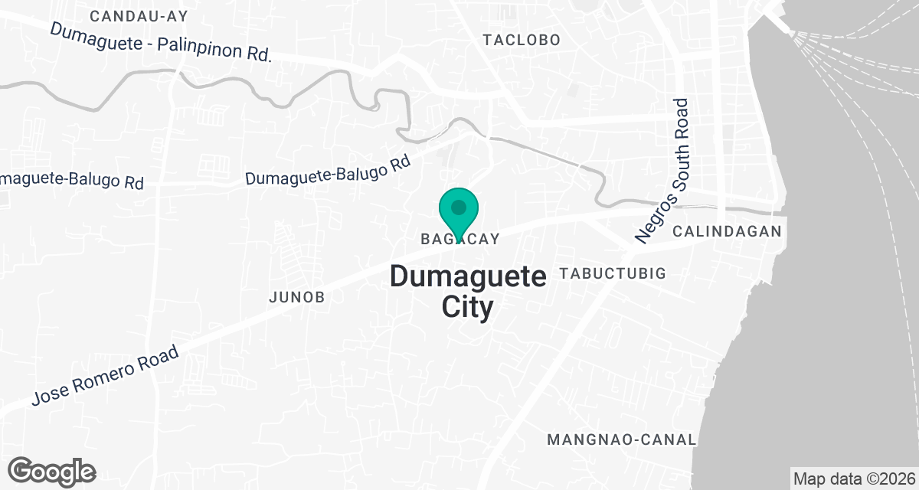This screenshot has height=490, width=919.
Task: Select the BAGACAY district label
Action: point(460,240)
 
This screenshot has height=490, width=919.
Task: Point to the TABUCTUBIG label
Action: point(613,273)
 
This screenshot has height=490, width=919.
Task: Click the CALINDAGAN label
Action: point(727,231)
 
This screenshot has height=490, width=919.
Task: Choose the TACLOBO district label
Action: point(522,40)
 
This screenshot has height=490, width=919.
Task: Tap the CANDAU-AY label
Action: point(139,15)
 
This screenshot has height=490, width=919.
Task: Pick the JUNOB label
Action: point(297,297)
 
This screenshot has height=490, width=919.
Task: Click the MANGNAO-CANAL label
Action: point(622,439)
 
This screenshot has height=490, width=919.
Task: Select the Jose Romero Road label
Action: point(105,376)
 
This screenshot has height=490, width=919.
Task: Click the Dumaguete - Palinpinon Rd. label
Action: point(162,43)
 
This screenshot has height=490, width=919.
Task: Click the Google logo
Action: point(52,471)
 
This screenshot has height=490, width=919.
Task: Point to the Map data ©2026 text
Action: point(853,479)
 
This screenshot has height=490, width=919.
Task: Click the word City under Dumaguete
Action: point(467,307)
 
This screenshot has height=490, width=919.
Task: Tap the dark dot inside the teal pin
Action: point(459,207)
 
